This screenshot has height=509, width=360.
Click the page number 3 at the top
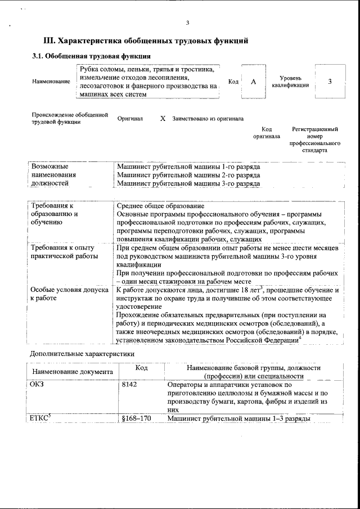point(188,23)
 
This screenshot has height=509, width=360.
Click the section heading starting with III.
point(146,41)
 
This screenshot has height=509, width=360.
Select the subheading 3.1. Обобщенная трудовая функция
point(90,56)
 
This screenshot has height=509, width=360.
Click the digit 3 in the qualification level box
point(330,82)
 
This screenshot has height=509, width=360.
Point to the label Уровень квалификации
point(290,82)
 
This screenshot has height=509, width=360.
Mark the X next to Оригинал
point(163,119)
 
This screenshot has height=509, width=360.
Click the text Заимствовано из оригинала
point(208,119)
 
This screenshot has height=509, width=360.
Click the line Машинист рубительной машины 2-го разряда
point(188,175)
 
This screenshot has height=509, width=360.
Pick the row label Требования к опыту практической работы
point(62,251)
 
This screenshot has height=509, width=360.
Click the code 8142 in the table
point(129,385)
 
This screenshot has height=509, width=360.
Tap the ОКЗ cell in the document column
point(36,385)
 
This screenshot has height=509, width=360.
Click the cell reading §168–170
point(136,419)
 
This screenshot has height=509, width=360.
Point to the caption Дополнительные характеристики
point(82,354)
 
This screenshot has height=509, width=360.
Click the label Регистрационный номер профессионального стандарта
point(314,139)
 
